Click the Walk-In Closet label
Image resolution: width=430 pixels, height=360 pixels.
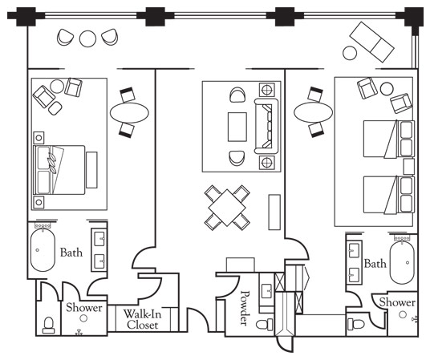(142, 319)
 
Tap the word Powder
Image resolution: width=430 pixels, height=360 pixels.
(245, 308)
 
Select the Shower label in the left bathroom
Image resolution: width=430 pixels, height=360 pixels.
(84, 307)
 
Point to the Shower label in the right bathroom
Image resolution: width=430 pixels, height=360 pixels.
(397, 302)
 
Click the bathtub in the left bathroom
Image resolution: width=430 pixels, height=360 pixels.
(43, 250)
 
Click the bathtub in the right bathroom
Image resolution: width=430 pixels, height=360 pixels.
(402, 262)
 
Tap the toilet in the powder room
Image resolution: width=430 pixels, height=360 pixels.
(265, 325)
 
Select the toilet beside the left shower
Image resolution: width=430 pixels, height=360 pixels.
(49, 325)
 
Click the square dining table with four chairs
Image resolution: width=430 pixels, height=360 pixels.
(227, 208)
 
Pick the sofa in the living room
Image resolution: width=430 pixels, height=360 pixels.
(266, 126)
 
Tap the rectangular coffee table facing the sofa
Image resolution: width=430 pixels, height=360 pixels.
(237, 127)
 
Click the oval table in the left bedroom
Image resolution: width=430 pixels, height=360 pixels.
(129, 112)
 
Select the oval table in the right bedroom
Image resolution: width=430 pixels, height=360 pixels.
(313, 112)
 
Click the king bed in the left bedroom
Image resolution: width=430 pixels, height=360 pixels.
(59, 170)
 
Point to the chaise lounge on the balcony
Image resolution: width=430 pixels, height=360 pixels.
(371, 42)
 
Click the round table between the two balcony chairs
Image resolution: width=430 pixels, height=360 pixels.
(87, 38)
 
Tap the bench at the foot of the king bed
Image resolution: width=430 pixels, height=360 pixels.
(91, 170)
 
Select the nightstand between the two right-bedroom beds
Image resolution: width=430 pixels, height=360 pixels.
(408, 167)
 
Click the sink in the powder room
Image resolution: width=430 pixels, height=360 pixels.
(266, 291)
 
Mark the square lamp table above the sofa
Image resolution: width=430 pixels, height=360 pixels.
(267, 90)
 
